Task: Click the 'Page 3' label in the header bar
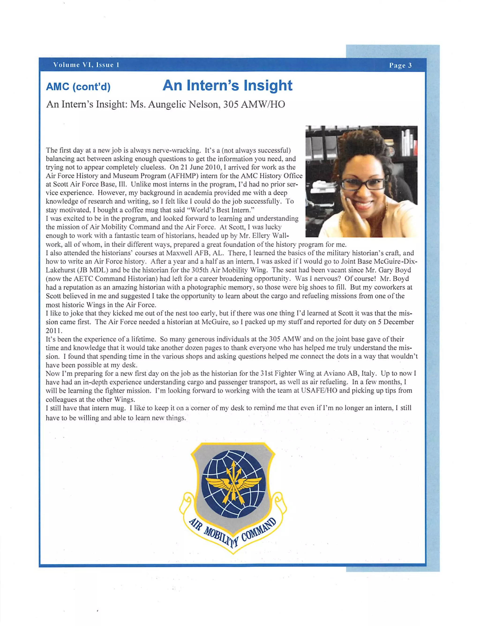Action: (400, 65)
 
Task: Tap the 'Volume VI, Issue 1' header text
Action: (86, 65)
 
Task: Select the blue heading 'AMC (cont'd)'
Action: (78, 86)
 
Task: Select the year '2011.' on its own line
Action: (54, 331)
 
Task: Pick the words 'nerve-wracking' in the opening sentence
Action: (177, 150)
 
